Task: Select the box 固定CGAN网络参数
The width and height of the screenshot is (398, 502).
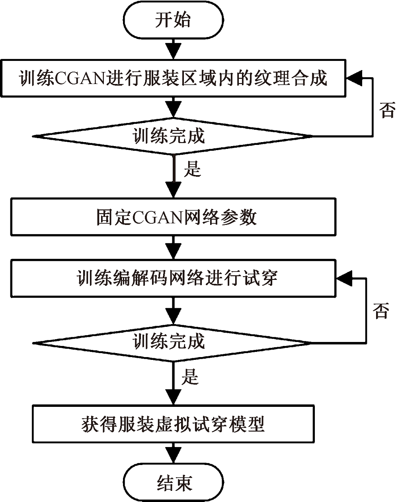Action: [173, 217]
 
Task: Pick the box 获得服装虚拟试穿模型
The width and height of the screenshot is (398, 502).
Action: [173, 424]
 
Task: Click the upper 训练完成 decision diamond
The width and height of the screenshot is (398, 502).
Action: [173, 136]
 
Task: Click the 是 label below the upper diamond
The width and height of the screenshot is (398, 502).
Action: [192, 169]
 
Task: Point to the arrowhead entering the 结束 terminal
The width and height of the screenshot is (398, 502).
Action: [173, 456]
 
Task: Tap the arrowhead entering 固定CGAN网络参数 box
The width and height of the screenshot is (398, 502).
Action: [173, 191]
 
